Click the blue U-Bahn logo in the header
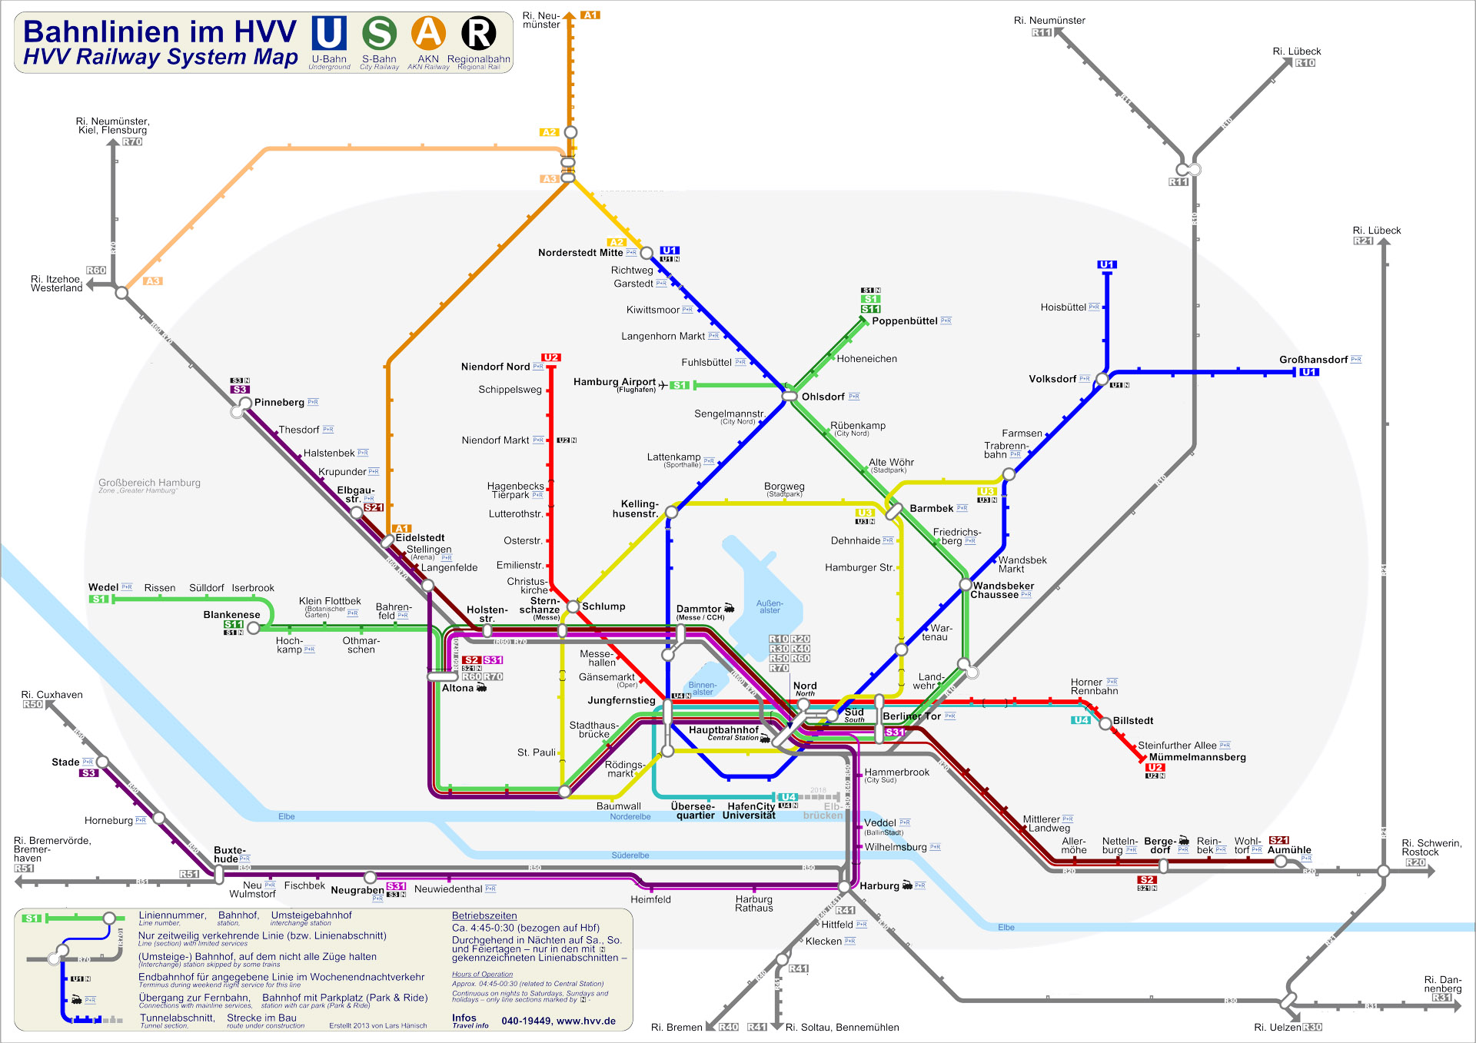pos(329,33)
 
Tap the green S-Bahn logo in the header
pos(379,33)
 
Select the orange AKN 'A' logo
pos(428,33)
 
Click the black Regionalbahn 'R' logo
pos(478,33)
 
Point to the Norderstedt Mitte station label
pos(580,253)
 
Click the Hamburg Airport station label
pos(614,382)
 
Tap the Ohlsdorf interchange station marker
pos(790,396)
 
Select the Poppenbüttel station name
pos(904,321)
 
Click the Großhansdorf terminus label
pos(1313,360)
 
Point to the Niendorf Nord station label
pos(495,367)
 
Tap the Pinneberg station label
pos(279,402)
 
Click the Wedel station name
pos(103,587)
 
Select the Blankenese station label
pos(231,615)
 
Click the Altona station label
pos(457,688)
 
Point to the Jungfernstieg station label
pos(621,700)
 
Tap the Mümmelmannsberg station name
pos(1197,757)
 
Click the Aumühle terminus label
pos(1289,850)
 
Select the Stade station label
pos(65,762)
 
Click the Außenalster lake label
pos(770,606)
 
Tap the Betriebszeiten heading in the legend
pos(484,915)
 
